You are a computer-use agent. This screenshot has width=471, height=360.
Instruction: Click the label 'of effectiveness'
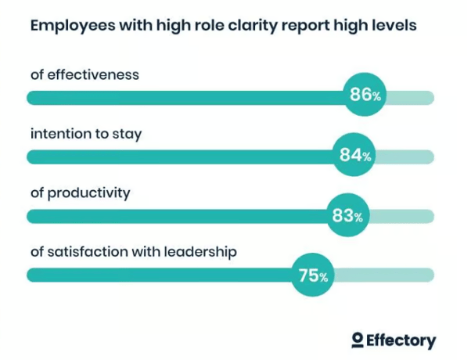tap(84, 74)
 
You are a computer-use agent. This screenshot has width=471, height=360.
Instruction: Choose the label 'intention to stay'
tap(86, 134)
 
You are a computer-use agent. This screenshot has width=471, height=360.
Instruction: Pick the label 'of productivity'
tap(81, 193)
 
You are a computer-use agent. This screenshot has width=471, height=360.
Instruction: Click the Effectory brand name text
tap(401, 340)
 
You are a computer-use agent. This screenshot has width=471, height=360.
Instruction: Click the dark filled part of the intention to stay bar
tap(180, 157)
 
